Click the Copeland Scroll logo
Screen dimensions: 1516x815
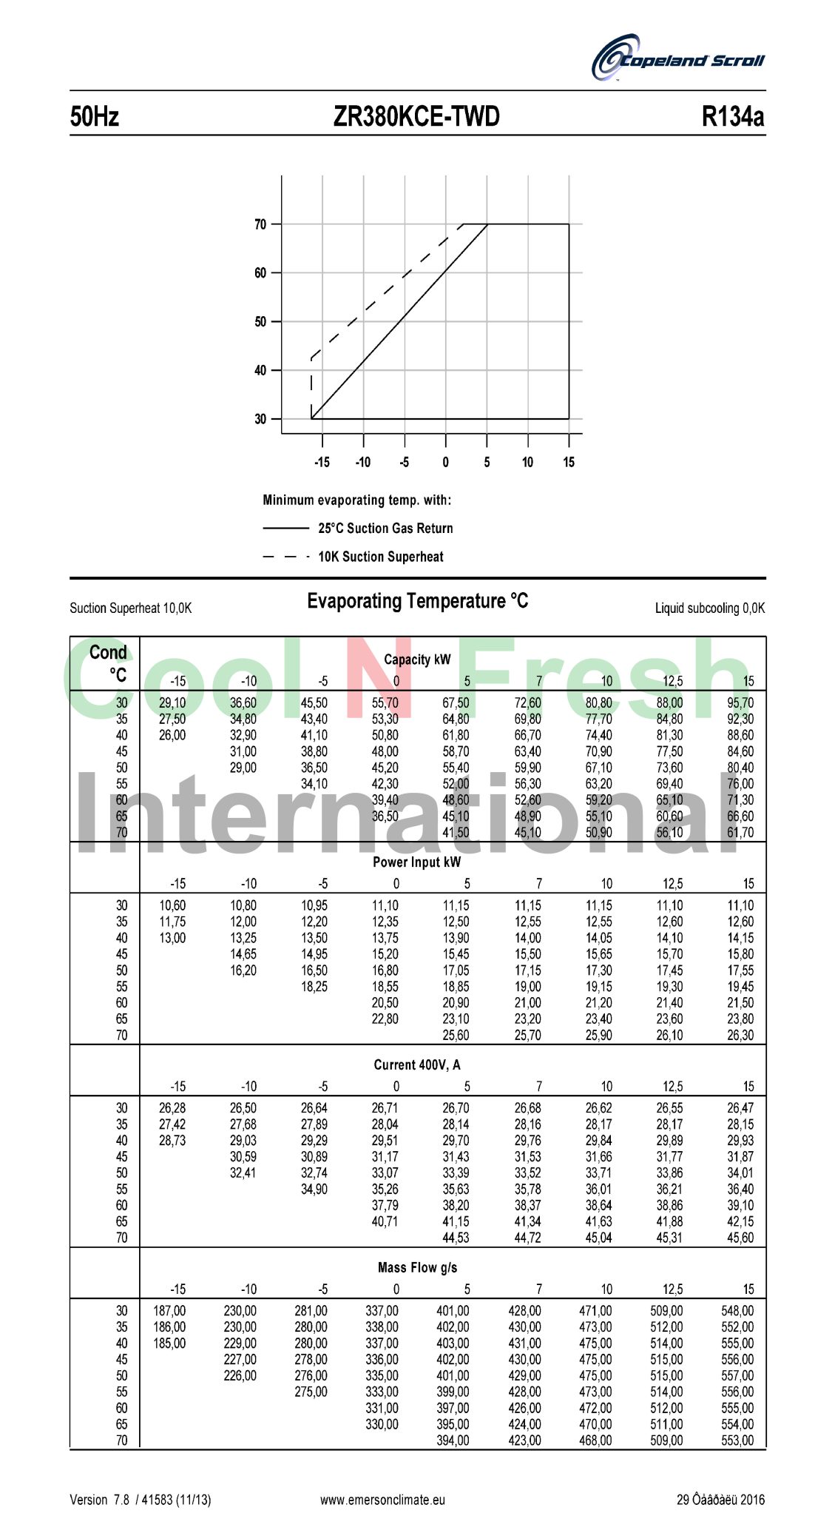[677, 58]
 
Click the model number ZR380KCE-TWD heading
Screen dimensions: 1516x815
[416, 117]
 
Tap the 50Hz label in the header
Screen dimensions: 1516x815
[95, 117]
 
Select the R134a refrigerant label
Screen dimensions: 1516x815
[732, 117]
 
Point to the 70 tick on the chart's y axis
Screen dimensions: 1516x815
[260, 224]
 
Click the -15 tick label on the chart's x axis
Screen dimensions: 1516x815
[322, 463]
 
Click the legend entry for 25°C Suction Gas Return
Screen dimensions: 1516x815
[385, 529]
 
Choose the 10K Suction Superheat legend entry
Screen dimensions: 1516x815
[381, 557]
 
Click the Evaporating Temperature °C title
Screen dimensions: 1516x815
[418, 601]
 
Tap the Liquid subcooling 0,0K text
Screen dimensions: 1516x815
[709, 608]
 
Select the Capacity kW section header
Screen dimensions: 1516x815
[417, 660]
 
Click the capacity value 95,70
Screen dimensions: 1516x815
[740, 703]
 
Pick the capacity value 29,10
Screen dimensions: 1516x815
[172, 703]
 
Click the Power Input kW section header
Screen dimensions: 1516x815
[416, 862]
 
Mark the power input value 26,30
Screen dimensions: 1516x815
[740, 1036]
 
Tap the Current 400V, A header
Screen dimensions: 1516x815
[416, 1065]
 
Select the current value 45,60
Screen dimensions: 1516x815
[740, 1238]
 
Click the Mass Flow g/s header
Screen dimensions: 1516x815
[417, 1268]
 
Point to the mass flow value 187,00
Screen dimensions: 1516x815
[169, 1311]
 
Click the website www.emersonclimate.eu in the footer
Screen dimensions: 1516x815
[382, 1500]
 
